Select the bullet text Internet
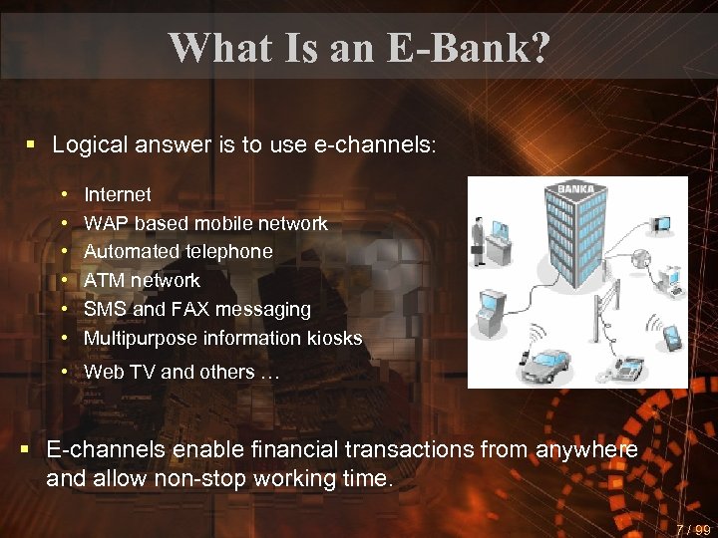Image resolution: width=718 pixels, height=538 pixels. (118, 194)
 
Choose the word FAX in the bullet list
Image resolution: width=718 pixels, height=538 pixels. (193, 310)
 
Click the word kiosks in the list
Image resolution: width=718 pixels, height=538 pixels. (333, 339)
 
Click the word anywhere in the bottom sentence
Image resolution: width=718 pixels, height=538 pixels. (586, 450)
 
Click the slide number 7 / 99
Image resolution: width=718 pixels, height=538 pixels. (691, 529)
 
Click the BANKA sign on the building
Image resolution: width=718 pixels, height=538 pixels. (575, 189)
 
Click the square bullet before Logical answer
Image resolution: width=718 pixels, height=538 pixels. (31, 144)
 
